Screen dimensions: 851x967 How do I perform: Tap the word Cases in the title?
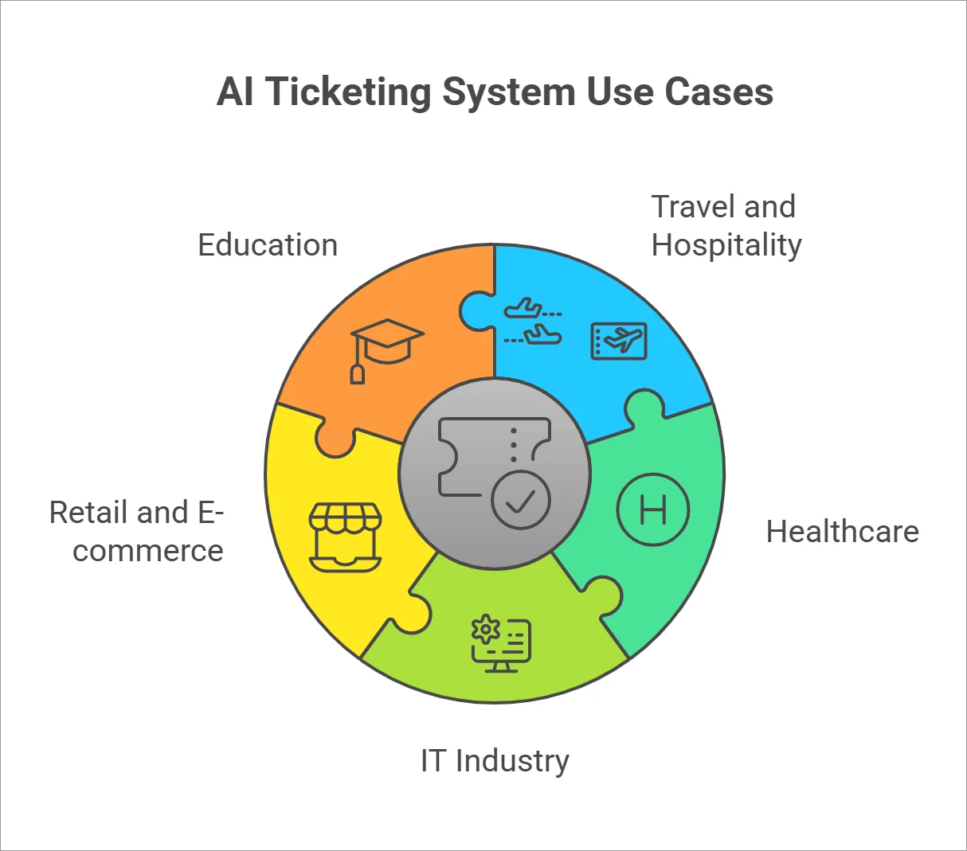click(718, 92)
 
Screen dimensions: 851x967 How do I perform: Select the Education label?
click(268, 245)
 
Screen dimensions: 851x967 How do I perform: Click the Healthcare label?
click(842, 532)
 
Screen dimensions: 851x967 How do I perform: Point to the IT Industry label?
click(495, 761)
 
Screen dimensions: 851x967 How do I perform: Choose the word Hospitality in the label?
click(726, 245)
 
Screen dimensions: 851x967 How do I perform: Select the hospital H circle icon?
click(653, 509)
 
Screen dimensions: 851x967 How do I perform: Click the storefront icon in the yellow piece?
click(345, 537)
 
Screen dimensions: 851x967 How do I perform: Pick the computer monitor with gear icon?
click(500, 643)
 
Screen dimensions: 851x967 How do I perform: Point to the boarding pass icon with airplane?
click(619, 341)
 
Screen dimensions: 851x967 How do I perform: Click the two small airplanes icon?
click(533, 322)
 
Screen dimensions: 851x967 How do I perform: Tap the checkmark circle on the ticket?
click(521, 500)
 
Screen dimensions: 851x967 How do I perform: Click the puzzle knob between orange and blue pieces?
click(475, 310)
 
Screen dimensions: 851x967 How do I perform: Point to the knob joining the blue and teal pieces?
click(644, 406)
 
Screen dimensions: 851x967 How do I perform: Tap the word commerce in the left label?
click(148, 551)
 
